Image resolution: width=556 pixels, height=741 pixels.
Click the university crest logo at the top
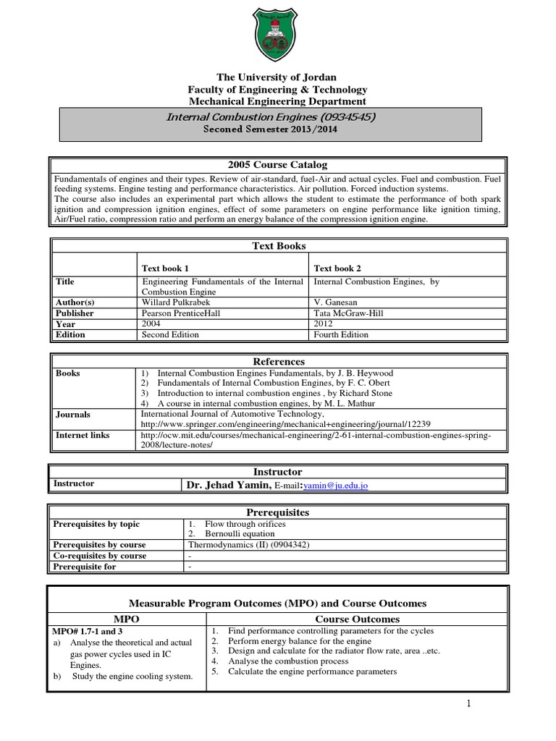tap(277, 35)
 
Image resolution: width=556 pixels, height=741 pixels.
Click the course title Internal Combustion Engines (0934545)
tap(271, 117)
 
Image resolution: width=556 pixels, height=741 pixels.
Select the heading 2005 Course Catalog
tap(278, 165)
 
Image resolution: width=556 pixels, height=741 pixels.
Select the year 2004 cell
tap(151, 324)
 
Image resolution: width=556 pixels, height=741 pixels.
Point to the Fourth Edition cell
tap(341, 335)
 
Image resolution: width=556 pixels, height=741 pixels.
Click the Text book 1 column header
tap(166, 268)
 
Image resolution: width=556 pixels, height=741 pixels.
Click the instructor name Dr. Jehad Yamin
tap(229, 486)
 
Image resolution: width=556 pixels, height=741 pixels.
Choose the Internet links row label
tap(82, 436)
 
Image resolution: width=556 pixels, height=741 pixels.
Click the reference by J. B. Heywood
tap(275, 373)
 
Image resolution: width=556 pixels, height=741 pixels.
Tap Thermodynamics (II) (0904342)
tap(249, 545)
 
